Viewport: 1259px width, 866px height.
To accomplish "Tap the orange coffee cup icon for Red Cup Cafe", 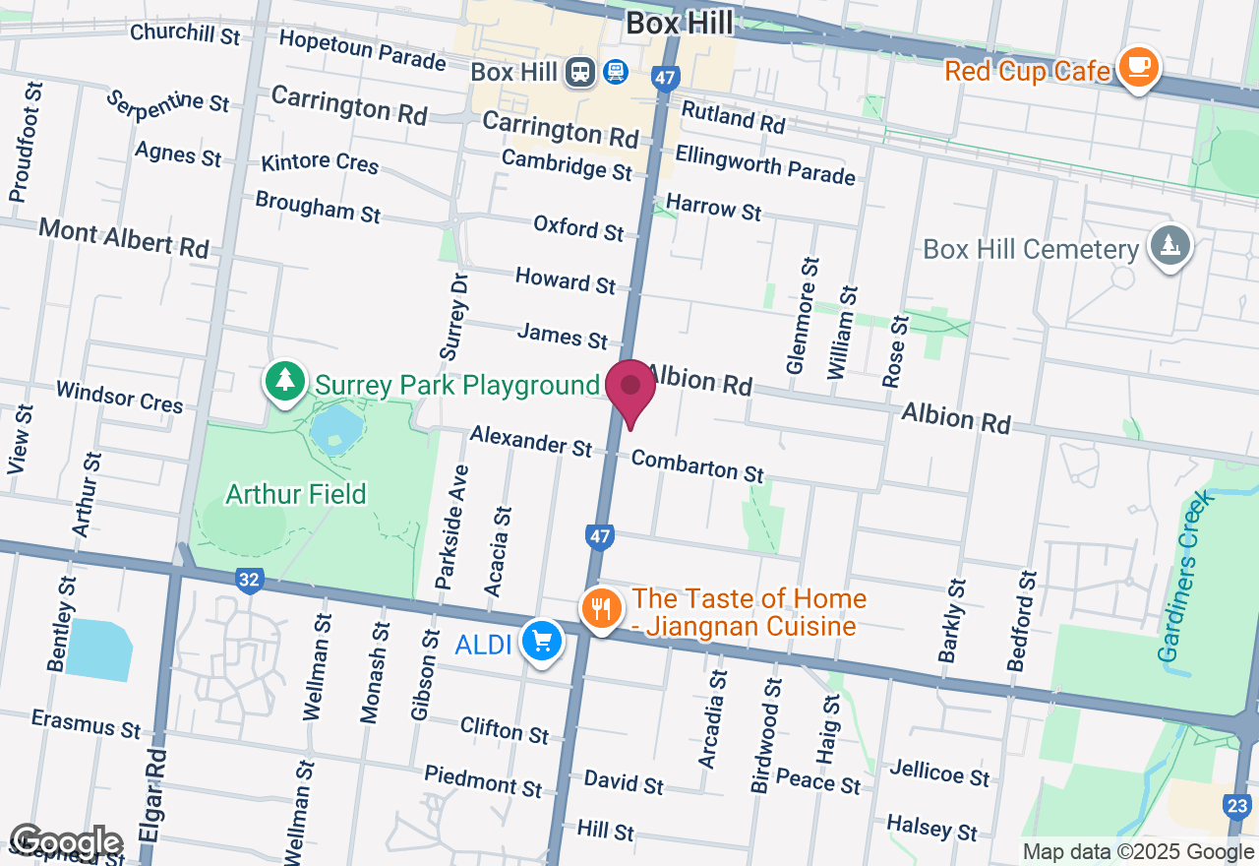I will pyautogui.click(x=1138, y=67).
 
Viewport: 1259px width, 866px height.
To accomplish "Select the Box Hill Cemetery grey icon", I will pyautogui.click(x=1169, y=246).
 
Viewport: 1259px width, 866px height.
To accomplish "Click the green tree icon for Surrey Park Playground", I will pyautogui.click(x=285, y=380).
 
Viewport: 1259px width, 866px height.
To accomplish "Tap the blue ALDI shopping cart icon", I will pyautogui.click(x=541, y=642).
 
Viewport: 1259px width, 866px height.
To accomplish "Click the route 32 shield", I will pyautogui.click(x=249, y=581).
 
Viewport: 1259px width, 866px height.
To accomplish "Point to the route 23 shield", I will pyautogui.click(x=1237, y=808).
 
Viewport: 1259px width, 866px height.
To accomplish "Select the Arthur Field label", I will pyautogui.click(x=296, y=493).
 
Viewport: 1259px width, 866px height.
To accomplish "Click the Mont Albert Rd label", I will pyautogui.click(x=124, y=239).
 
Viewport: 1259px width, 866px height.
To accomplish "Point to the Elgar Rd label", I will pyautogui.click(x=152, y=797).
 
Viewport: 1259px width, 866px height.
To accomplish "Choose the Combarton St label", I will pyautogui.click(x=697, y=465).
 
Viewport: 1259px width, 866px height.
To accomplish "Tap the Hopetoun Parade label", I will pyautogui.click(x=362, y=49).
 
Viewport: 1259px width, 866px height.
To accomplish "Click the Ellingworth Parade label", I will pyautogui.click(x=764, y=164).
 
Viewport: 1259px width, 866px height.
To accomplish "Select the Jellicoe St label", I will pyautogui.click(x=938, y=773).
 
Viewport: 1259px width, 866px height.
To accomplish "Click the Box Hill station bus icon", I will pyautogui.click(x=580, y=72).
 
